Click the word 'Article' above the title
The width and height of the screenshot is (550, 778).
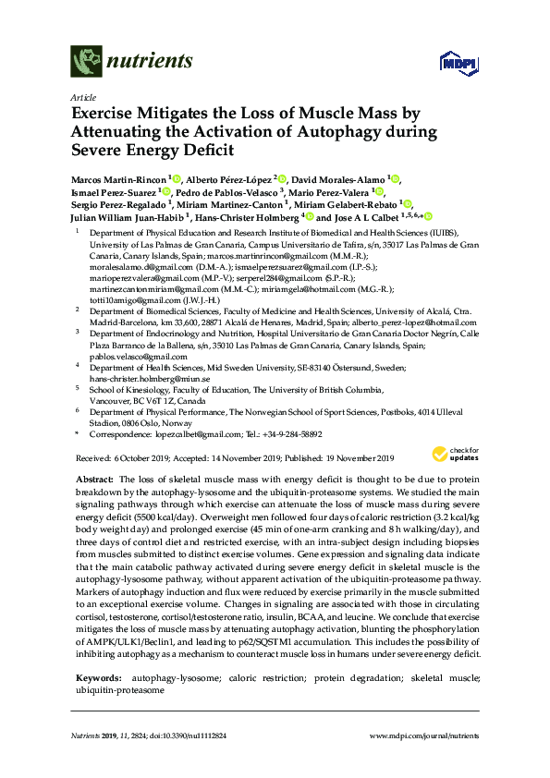pyautogui.click(x=83, y=96)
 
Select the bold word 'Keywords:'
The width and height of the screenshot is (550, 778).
pyautogui.click(x=97, y=678)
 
